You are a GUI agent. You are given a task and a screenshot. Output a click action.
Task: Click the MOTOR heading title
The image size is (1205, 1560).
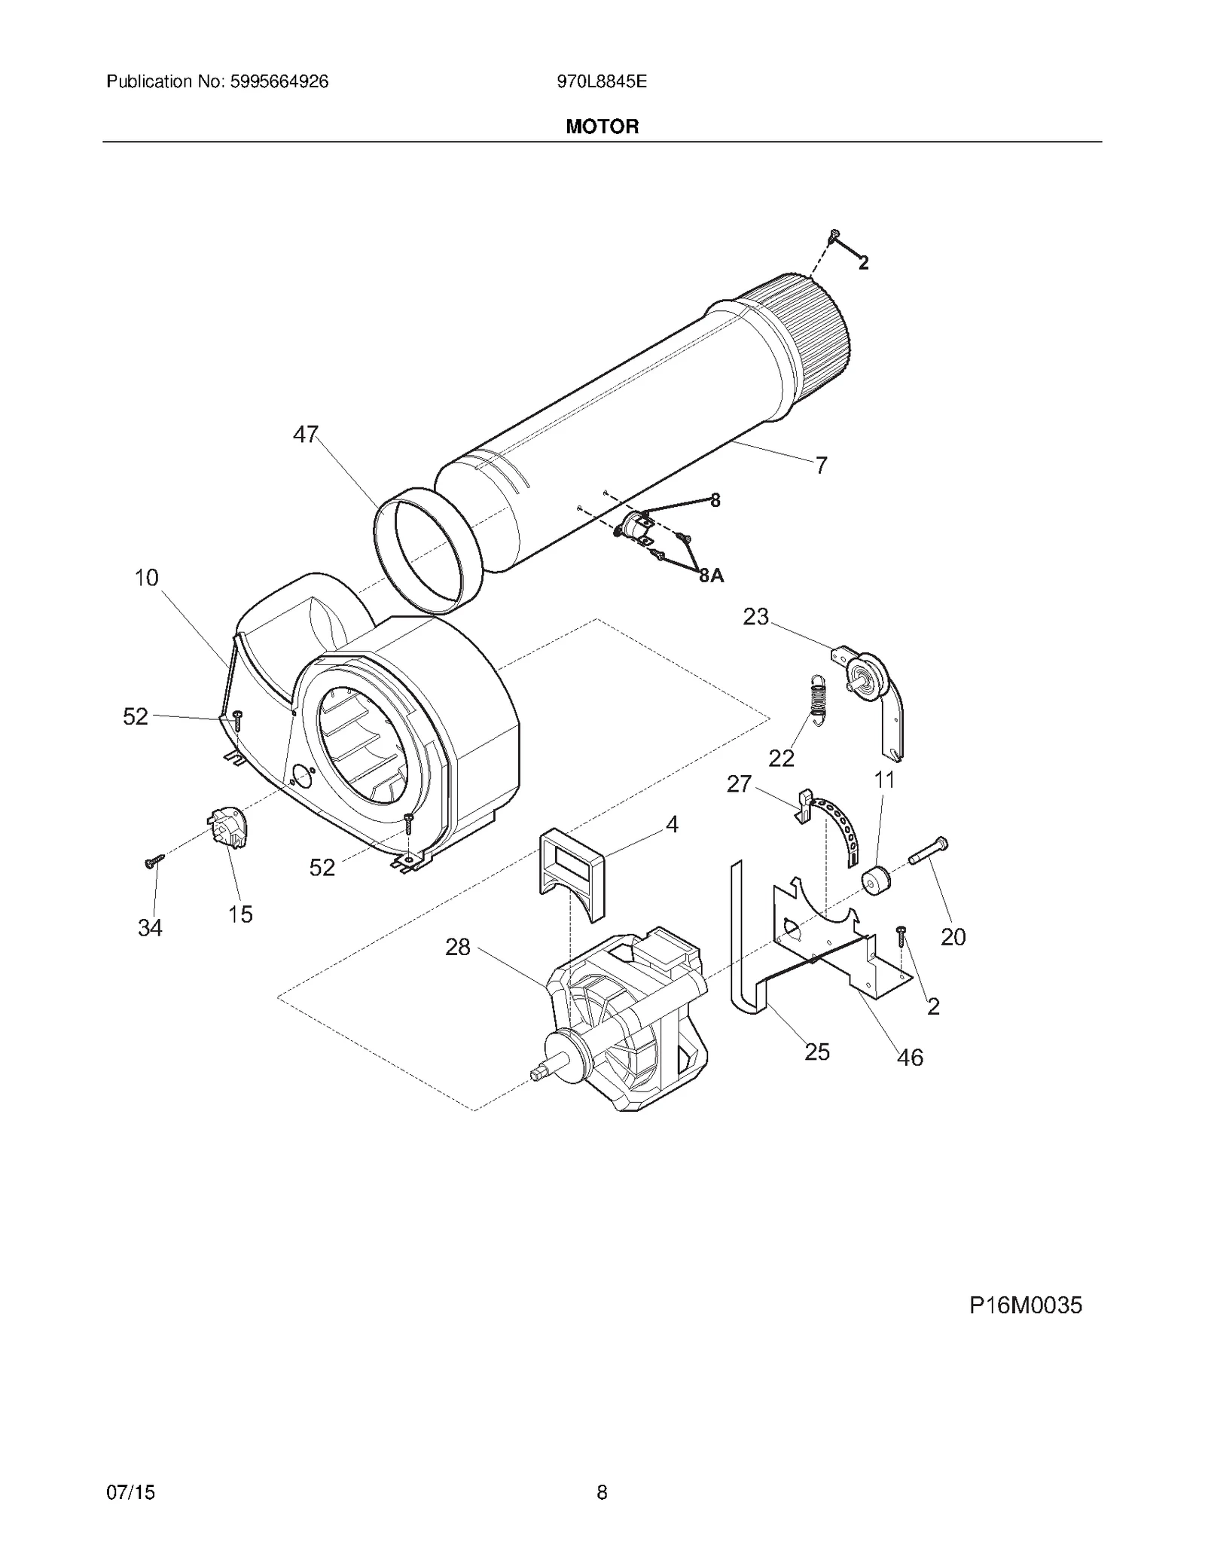coord(602,127)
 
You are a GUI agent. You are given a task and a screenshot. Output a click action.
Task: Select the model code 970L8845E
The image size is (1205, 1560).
coord(602,81)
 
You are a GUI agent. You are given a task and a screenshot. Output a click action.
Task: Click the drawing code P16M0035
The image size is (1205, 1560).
coord(1025,1305)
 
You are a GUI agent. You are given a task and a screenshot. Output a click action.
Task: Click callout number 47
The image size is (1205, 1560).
coord(306,435)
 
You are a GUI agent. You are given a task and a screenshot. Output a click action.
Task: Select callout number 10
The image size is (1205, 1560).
coord(147,578)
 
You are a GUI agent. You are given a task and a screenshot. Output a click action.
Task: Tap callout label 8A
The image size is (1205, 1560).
coord(711,575)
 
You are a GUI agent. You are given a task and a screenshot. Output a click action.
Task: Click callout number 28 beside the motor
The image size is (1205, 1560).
coord(458,947)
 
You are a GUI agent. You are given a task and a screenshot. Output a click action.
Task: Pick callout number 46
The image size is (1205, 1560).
coord(910,1058)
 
